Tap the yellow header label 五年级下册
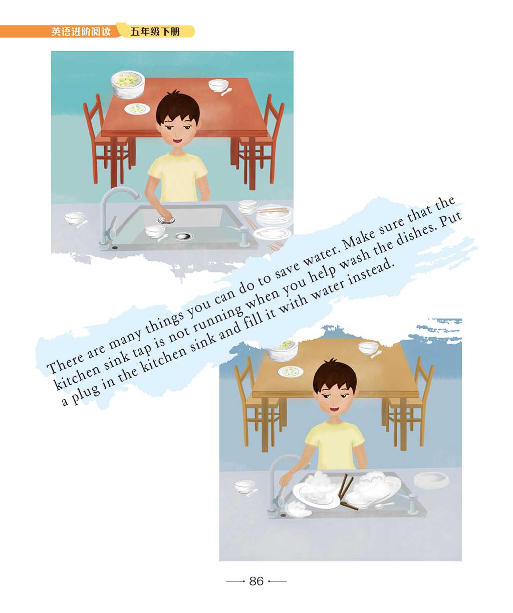point(155,32)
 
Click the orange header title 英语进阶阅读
point(81,32)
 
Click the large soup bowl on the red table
point(128,84)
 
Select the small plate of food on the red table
point(137,109)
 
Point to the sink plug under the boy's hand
point(166,220)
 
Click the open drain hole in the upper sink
point(183,236)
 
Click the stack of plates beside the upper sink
point(274,216)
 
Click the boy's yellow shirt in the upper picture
point(177,178)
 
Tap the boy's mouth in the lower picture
point(333,409)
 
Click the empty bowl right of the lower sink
point(431,481)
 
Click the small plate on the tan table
point(291,372)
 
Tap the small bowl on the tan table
point(368,348)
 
